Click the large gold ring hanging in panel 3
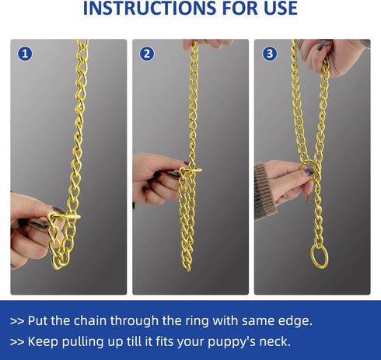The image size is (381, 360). [320, 256]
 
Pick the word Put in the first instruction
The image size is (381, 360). [40, 320]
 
